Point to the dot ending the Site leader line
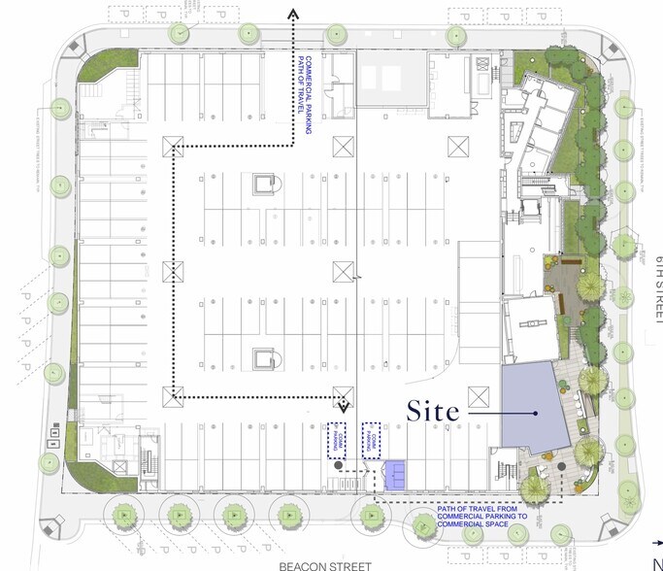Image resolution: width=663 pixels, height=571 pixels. coord(535,413)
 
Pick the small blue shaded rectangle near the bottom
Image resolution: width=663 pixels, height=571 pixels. coord(397,474)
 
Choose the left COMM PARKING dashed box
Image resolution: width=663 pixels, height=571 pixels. coord(336,440)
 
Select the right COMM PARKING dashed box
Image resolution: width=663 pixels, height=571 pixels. coord(370,439)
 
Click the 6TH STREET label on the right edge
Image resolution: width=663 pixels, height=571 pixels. coord(655,287)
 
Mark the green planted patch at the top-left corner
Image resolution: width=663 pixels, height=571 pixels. coord(104,65)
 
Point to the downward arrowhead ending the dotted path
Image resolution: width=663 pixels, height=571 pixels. coord(343,402)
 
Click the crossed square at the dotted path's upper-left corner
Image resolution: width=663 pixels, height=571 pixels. coord(175,147)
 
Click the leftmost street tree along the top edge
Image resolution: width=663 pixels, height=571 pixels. coord(180,32)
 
